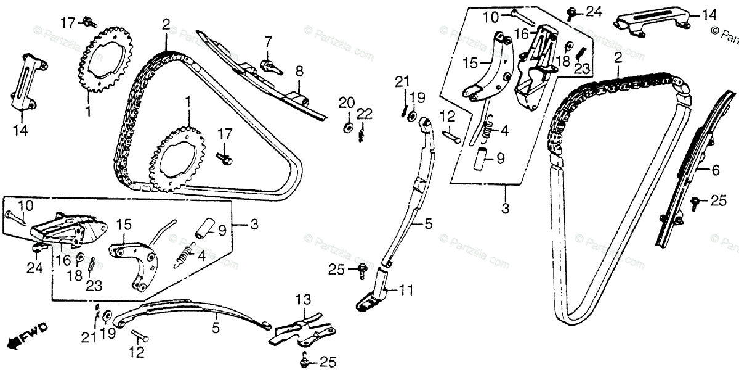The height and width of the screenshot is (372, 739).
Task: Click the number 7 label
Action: coord(268,41)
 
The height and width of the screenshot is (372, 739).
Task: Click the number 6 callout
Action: coord(715,171)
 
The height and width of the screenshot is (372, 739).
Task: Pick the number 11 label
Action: coord(406,289)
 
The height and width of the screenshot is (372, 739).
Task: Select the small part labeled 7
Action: coord(269,64)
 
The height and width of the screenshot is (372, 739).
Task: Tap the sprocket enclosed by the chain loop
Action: coord(180,154)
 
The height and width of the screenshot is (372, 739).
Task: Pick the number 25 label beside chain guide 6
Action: coord(718,200)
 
